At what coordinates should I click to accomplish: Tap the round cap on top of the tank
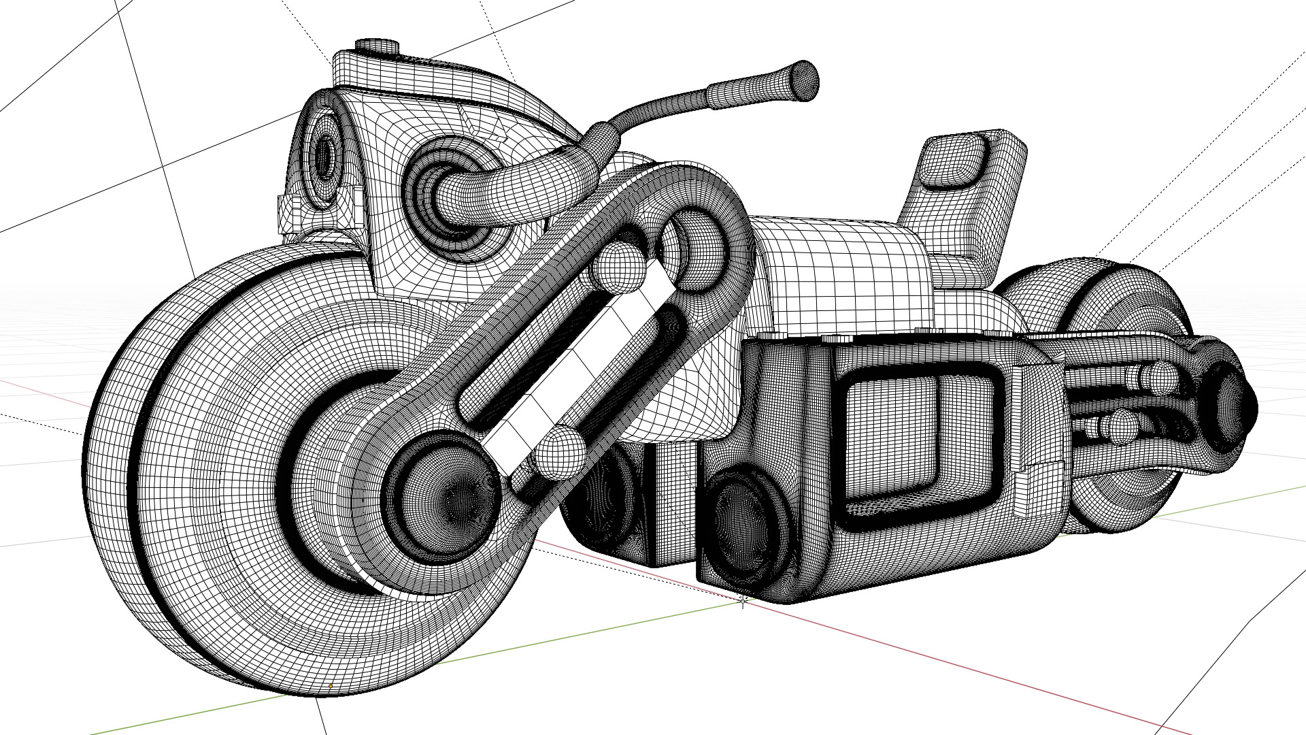[x=376, y=46]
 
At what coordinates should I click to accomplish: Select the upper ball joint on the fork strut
[x=618, y=267]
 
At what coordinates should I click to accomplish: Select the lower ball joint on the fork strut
[x=560, y=451]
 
